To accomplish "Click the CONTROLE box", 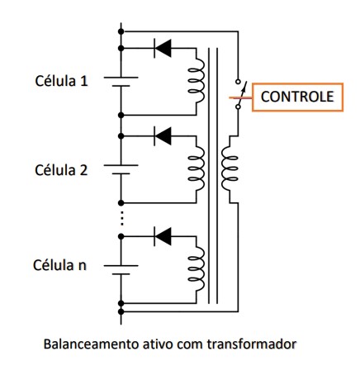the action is pos(297,97).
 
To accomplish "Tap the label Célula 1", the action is pos(61,81).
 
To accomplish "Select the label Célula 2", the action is pos(61,170).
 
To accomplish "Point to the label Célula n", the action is pos(59,265).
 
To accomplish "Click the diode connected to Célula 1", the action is pos(163,48).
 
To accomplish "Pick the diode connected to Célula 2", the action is pos(163,136).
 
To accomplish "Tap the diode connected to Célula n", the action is pos(163,236).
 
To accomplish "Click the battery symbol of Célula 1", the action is pos(121,82).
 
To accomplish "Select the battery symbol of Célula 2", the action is pos(121,169).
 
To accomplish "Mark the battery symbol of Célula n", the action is pos(121,270).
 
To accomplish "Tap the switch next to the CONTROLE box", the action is pos(239,94).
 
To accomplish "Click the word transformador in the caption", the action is pos(251,344).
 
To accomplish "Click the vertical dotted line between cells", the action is pos(122,218).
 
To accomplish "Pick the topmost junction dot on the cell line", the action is pos(121,31).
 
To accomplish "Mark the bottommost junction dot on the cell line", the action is pos(121,311).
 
